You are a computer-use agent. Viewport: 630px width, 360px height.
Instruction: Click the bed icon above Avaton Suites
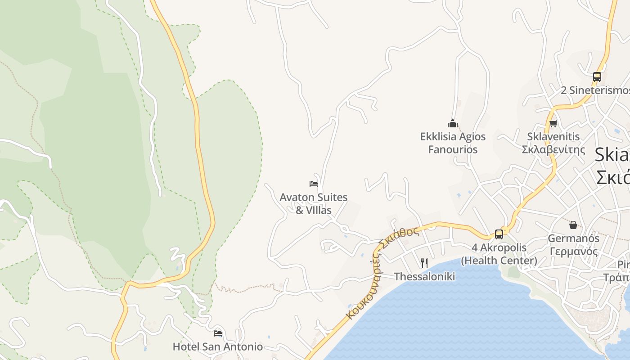[314, 184]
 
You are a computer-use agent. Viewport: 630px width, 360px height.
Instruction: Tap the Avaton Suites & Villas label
[314, 203]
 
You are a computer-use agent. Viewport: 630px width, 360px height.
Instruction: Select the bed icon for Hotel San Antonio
[218, 333]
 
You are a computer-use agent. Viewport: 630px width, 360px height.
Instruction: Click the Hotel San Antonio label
[218, 346]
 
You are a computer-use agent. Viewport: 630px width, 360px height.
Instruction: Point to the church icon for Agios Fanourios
[452, 123]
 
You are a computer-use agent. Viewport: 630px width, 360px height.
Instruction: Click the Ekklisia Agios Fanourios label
[453, 143]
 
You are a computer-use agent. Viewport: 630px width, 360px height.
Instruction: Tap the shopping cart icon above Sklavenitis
[553, 123]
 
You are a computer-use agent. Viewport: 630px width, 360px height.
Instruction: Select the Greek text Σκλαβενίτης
[553, 149]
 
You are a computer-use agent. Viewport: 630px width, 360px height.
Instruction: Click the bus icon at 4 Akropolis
[499, 234]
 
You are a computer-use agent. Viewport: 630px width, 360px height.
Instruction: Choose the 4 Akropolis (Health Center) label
[499, 254]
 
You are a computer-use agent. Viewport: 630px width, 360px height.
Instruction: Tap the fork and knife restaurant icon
[424, 263]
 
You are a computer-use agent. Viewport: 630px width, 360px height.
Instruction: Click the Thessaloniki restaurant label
[424, 276]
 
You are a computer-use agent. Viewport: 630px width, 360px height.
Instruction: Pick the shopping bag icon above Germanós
[573, 225]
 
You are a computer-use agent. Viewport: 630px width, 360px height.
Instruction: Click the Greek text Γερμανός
[573, 251]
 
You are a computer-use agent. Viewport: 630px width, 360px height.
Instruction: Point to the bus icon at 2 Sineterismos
[597, 77]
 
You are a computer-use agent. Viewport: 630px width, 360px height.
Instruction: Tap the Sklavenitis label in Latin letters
[553, 136]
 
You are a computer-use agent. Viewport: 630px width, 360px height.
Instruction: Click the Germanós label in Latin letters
[573, 238]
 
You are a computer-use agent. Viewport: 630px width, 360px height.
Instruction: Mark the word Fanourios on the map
[453, 149]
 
